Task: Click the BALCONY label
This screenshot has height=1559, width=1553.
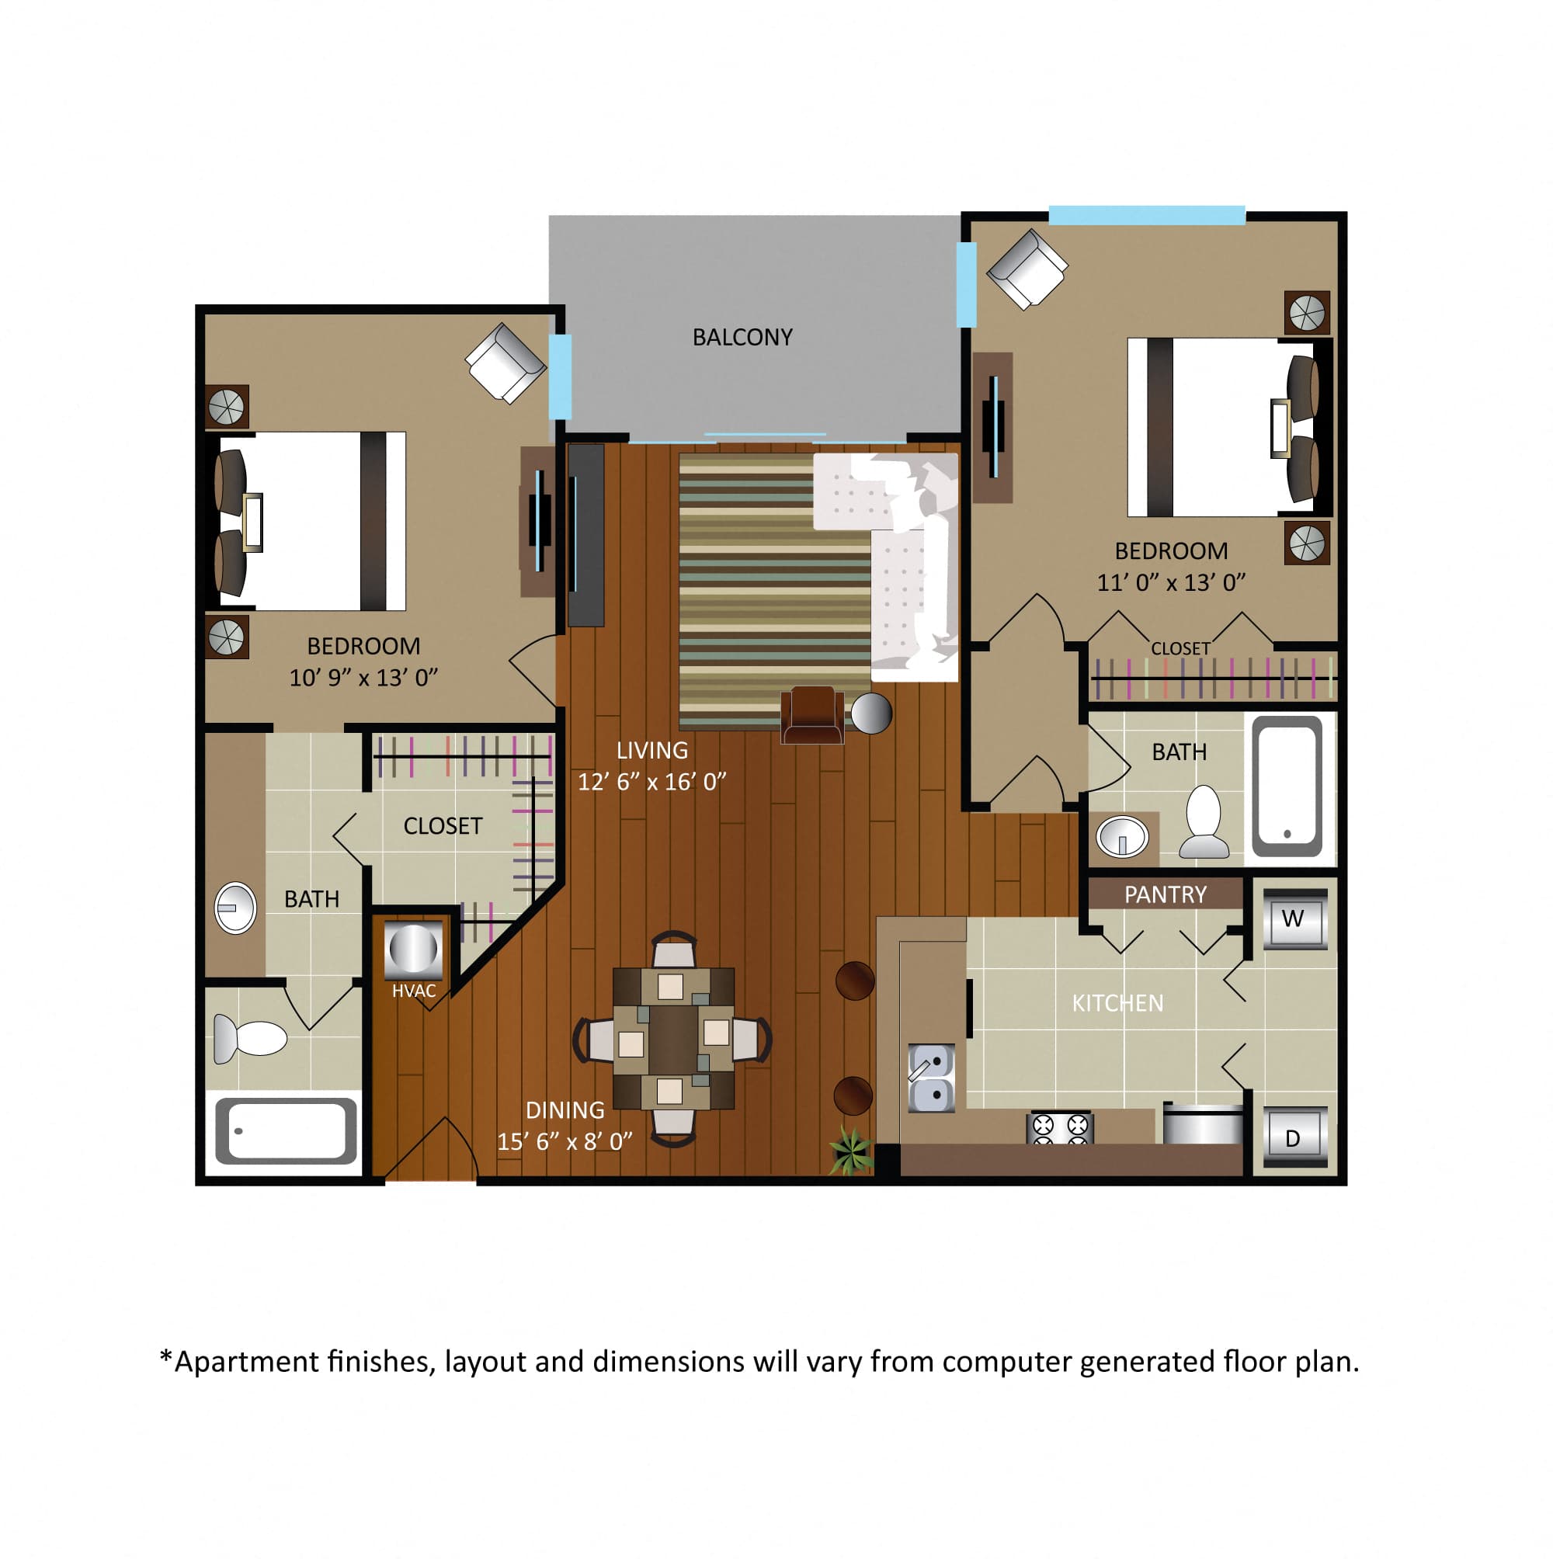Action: [742, 337]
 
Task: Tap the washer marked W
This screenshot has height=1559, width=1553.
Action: [1294, 918]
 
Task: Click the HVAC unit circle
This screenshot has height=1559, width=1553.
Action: [413, 947]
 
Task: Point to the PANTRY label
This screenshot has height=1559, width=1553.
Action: [1165, 894]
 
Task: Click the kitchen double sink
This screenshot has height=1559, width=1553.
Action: [932, 1078]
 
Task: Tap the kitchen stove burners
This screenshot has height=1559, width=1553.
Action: [1060, 1128]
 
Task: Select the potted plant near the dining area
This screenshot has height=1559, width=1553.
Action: [851, 1149]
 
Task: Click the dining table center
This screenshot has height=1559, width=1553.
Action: [673, 1039]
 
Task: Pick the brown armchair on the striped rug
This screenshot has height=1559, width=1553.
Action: [812, 715]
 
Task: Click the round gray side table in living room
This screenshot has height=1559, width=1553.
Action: [871, 713]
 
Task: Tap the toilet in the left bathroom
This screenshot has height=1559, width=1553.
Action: [250, 1038]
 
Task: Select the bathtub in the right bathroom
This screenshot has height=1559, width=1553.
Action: [1287, 786]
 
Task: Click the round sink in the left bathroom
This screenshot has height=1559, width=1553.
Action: [235, 908]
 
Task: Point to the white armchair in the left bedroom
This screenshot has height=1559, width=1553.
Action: [506, 363]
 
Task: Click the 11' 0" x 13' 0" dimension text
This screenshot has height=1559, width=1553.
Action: [1170, 582]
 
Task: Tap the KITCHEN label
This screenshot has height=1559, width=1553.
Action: [1117, 1003]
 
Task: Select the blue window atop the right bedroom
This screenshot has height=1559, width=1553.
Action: [1146, 214]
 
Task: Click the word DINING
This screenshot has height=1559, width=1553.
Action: [565, 1110]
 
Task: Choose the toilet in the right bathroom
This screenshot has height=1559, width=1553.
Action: [1204, 821]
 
